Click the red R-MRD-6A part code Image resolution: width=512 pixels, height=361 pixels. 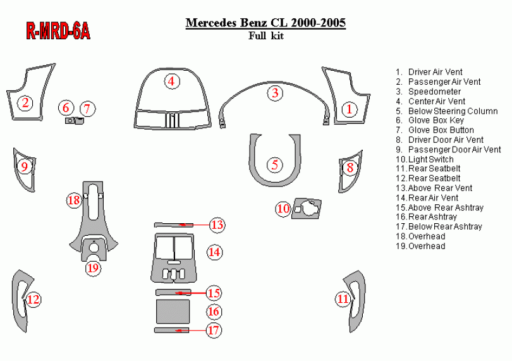58,32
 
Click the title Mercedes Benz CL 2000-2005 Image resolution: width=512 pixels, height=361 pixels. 265,23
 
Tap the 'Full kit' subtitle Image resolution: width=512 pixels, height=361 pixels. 265,35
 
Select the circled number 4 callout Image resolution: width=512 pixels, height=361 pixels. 172,81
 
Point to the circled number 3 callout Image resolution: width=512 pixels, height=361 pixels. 275,93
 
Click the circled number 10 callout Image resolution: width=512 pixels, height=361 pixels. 283,209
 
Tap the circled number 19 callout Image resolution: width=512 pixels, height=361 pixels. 93,268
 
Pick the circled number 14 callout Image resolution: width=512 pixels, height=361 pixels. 214,252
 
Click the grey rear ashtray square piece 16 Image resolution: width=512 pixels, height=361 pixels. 173,311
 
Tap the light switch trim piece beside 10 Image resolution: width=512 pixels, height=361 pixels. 307,208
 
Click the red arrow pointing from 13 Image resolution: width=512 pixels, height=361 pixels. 195,225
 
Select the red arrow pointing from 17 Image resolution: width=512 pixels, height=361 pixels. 192,331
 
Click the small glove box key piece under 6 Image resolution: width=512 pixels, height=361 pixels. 70,121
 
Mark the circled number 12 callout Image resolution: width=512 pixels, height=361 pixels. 34,299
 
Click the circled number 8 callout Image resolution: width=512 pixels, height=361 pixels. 350,168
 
